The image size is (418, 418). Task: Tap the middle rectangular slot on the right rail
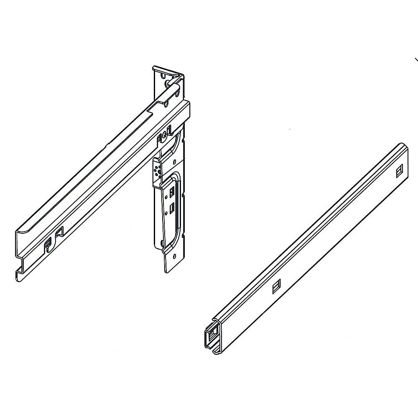[275, 287]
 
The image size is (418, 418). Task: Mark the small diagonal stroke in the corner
[416, 60]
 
